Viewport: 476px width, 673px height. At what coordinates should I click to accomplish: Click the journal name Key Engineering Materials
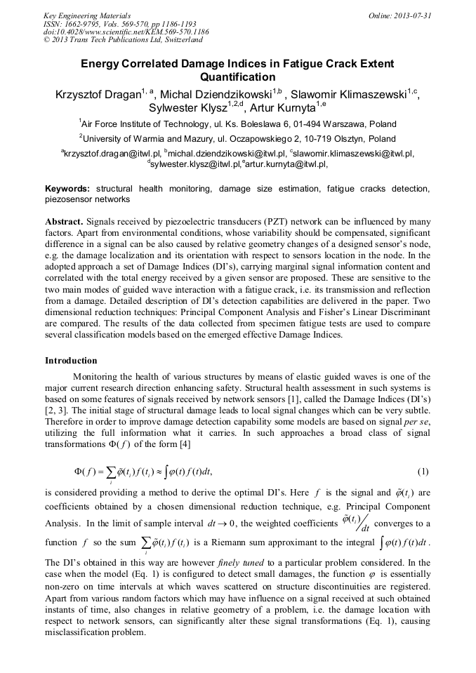pyautogui.click(x=87, y=15)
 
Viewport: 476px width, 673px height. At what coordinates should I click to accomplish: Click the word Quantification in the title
pyautogui.click(x=237, y=77)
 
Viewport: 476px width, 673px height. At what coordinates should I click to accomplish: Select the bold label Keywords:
pyautogui.click(x=67, y=189)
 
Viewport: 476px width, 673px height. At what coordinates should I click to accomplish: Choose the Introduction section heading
pyautogui.click(x=71, y=361)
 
